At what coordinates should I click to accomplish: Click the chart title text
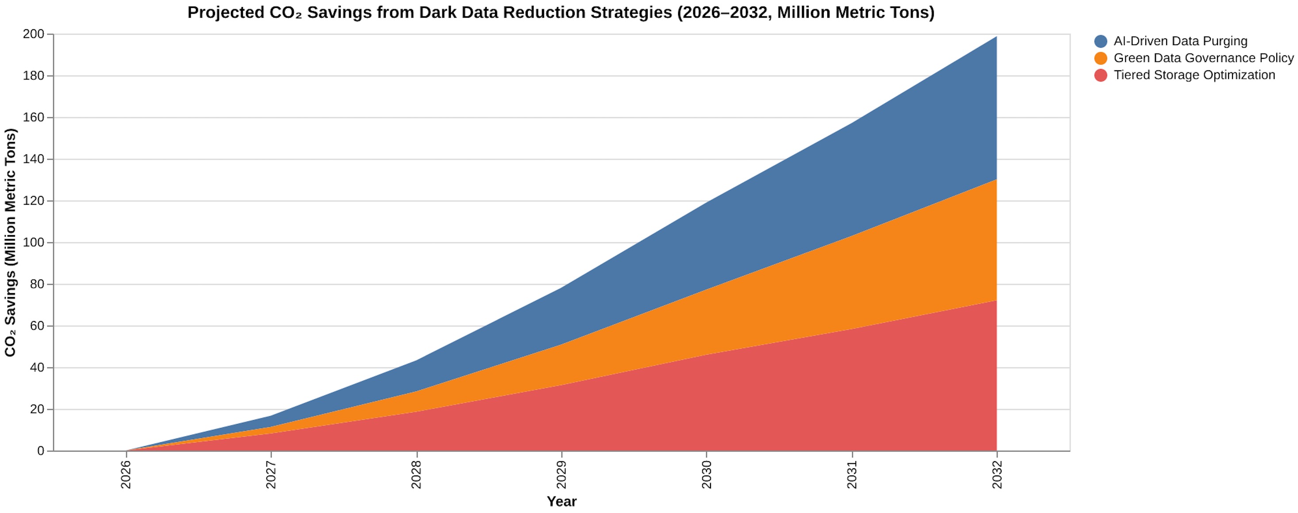[x=561, y=12]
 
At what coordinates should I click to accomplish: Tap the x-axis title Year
[x=561, y=502]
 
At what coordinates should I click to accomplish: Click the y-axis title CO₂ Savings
[x=11, y=242]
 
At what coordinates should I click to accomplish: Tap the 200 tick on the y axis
[x=33, y=34]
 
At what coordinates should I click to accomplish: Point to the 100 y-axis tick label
[x=33, y=243]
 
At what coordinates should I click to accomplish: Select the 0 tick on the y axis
[x=41, y=451]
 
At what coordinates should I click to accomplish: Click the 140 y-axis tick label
[x=33, y=159]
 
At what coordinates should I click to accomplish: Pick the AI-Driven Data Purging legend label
[x=1180, y=41]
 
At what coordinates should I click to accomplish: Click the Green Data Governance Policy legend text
[x=1203, y=58]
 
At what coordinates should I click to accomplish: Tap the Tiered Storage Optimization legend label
[x=1194, y=75]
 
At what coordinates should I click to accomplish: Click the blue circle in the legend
[x=1101, y=41]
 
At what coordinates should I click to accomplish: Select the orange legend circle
[x=1101, y=58]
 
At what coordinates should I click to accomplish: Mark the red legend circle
[x=1101, y=75]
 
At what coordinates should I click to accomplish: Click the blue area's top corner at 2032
[x=997, y=36]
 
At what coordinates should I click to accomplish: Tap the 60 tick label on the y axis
[x=37, y=326]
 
